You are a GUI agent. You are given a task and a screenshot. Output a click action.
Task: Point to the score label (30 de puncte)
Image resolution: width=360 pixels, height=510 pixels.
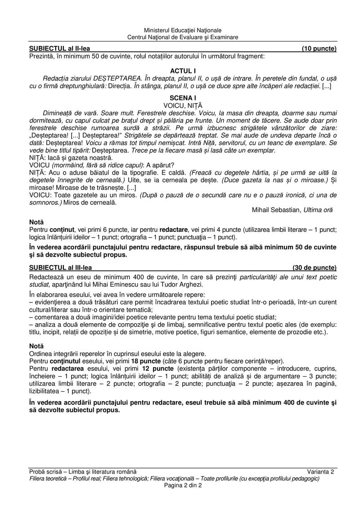pos(314,267)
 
